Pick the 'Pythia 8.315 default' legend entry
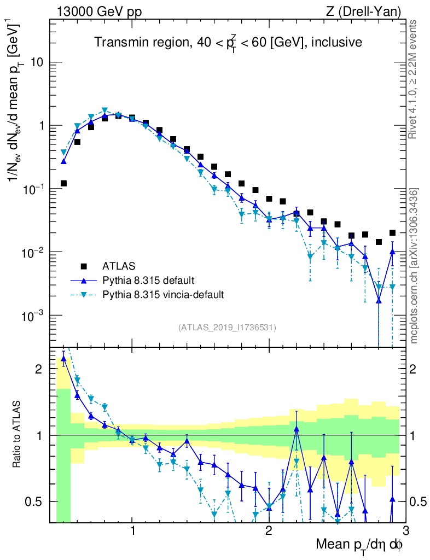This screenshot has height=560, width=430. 148,281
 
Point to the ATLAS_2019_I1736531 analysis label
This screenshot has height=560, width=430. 227,328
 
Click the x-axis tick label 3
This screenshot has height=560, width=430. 405,531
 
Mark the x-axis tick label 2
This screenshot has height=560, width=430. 269,531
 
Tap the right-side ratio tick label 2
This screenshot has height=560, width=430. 416,369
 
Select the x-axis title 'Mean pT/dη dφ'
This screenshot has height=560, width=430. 360,545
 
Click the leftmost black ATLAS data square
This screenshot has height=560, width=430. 64,183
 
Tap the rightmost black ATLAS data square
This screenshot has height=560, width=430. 392,233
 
